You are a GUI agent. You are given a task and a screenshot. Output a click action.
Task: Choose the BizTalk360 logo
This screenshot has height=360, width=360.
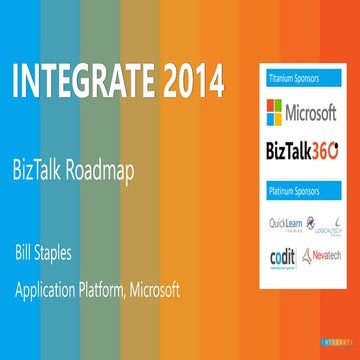tap(302, 152)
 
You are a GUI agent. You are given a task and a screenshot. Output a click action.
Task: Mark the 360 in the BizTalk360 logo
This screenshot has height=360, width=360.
tap(325, 152)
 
